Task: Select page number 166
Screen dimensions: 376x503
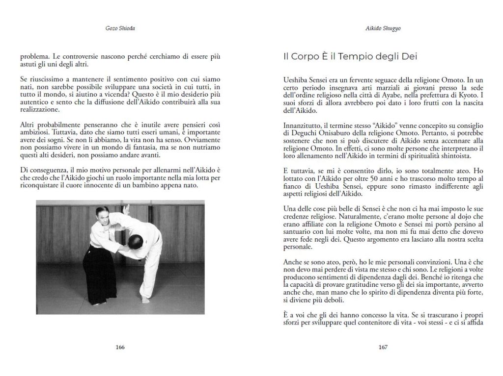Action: (x=120, y=348)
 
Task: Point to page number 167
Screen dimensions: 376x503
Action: (x=383, y=348)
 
